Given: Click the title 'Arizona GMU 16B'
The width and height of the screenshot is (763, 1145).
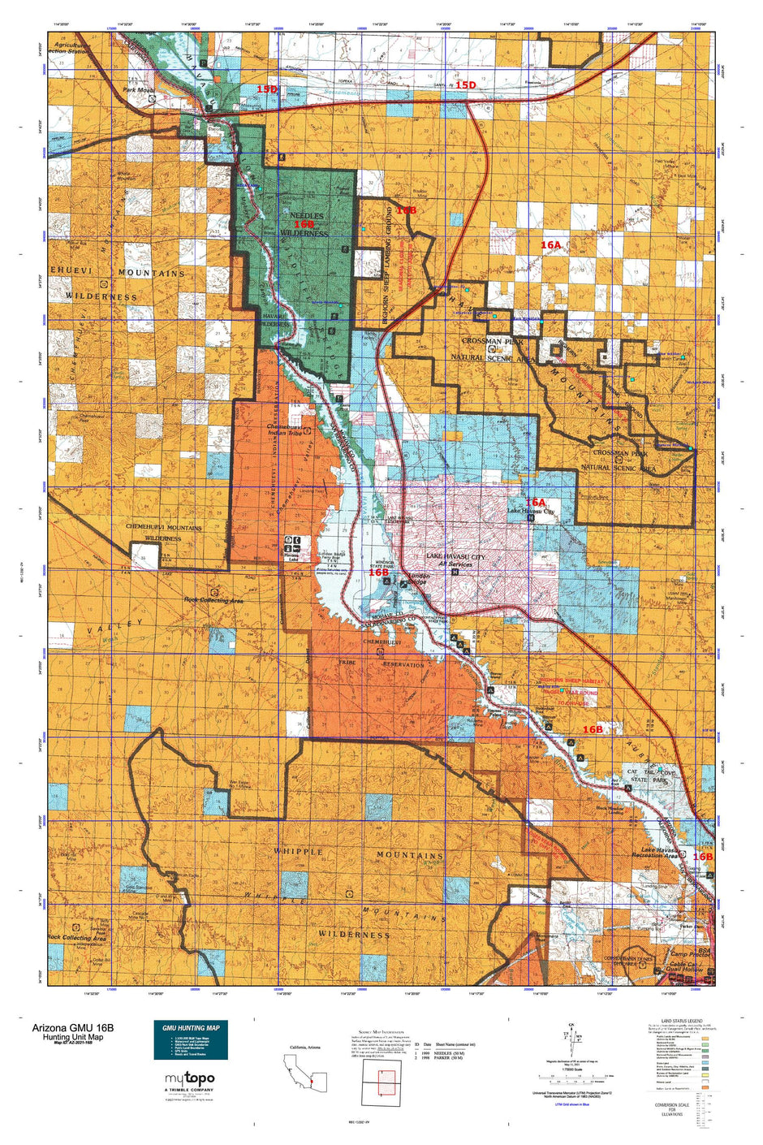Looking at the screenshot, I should pos(73,1027).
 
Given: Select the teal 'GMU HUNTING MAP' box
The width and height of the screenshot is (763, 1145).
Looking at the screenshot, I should pos(191,1040).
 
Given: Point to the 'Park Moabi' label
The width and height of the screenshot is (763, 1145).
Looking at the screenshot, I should pos(139,90).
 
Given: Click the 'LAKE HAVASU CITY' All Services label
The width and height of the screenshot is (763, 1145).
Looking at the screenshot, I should pos(455,560).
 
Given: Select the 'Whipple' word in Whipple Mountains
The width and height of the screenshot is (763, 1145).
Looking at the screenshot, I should pos(302,852).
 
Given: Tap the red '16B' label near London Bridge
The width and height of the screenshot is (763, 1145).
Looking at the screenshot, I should pos(379,572).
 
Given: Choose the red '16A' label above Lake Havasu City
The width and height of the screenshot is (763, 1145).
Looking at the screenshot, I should pos(535,503).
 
